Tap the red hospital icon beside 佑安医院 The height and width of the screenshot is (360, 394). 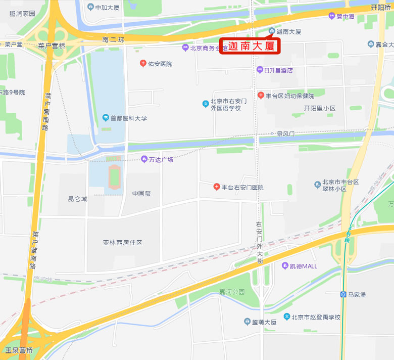coord(143,64)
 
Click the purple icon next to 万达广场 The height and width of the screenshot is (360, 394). coord(144,159)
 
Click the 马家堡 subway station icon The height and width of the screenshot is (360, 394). coord(343,294)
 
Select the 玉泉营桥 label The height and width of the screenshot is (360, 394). coord(19,350)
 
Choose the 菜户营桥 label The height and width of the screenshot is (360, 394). coord(52,46)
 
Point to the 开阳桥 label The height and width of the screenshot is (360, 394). coord(381,8)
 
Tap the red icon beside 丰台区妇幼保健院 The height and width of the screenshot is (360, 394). coord(261,95)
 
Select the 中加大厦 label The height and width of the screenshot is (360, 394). coord(107,8)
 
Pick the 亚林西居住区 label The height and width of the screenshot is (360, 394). coord(123,243)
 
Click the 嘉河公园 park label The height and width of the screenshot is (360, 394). coord(232,292)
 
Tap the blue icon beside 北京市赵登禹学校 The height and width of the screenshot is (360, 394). coord(287,317)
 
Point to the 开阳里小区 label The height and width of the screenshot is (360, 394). coord(320,109)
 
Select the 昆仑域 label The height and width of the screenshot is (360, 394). coord(78,199)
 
